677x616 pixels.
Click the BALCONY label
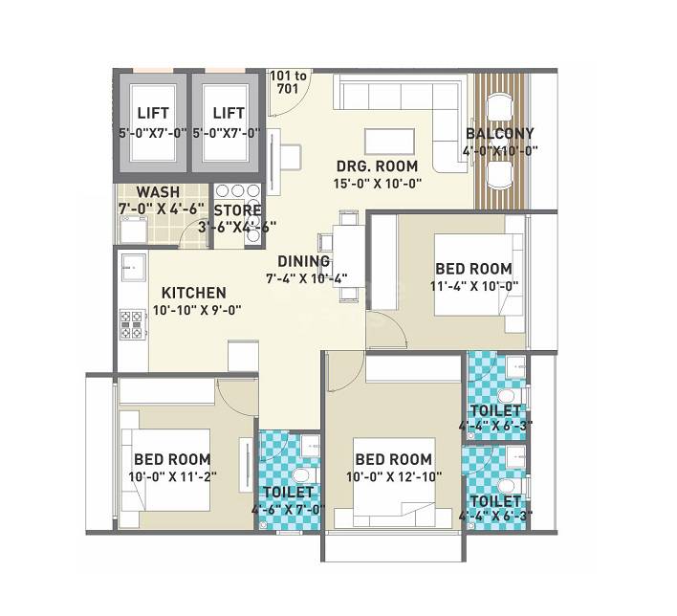pos(499,133)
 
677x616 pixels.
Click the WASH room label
pos(157,191)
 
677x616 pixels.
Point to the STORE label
pos(237,210)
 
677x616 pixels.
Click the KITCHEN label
pos(193,293)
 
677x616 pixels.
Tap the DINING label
pos(304,261)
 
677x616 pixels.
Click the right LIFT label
pos(229,114)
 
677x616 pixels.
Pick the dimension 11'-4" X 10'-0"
pos(473,286)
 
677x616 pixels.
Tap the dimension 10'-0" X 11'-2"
pos(172,476)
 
